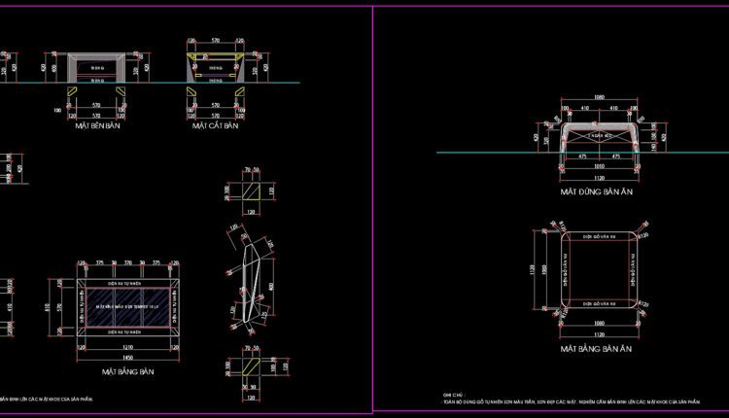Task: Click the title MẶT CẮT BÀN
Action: pyautogui.click(x=215, y=126)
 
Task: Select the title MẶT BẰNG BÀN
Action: pyautogui.click(x=127, y=370)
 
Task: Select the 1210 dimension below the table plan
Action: pyautogui.click(x=127, y=345)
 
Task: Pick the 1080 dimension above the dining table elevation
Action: pyautogui.click(x=599, y=97)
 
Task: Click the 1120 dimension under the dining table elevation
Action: pyautogui.click(x=601, y=179)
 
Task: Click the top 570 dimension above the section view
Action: pyautogui.click(x=215, y=41)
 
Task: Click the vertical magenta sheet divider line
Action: pyautogui.click(x=372, y=209)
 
